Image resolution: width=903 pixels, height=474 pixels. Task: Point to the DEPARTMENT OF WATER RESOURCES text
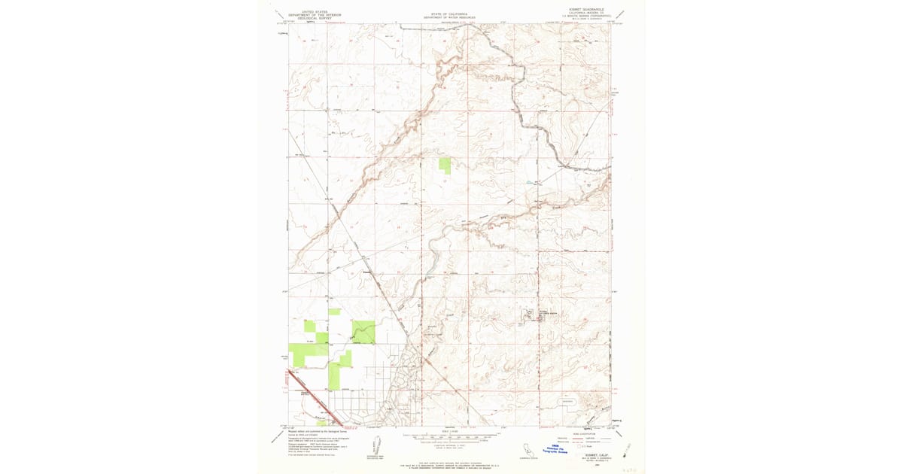tap(448, 17)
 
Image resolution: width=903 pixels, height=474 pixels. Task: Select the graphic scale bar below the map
tap(449, 436)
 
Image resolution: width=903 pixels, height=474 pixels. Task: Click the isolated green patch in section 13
tap(445, 166)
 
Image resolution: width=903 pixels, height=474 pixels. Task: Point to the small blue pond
tap(529, 183)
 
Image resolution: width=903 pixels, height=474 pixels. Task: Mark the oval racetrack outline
tap(567, 402)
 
